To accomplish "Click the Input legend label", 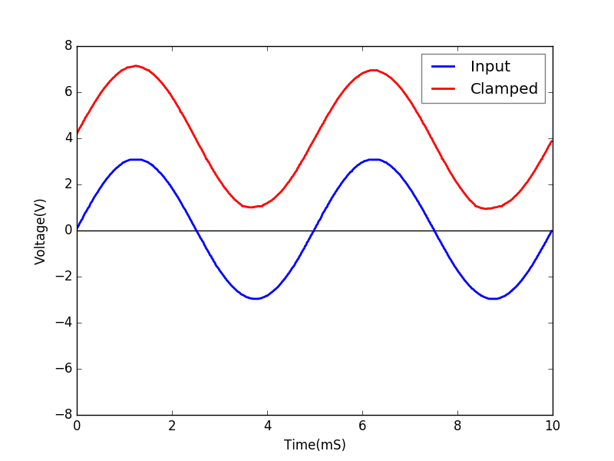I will [x=490, y=67].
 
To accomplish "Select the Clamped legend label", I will [x=503, y=89].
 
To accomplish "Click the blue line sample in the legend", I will [x=444, y=67].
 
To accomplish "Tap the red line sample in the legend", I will [x=444, y=89].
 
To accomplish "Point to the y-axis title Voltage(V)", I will [x=41, y=230].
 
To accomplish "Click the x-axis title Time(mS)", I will [x=315, y=445].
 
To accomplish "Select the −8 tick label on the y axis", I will [x=63, y=415].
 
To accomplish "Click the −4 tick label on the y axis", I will [x=63, y=323].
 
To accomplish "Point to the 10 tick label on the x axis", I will [x=553, y=426].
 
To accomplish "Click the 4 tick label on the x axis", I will [x=267, y=426].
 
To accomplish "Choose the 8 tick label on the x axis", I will [x=457, y=426].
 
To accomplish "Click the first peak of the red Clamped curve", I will [x=136, y=66].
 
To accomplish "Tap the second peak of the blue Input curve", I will [x=374, y=160].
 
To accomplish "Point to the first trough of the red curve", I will [x=253, y=207].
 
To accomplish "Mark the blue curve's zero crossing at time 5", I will [x=315, y=230].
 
